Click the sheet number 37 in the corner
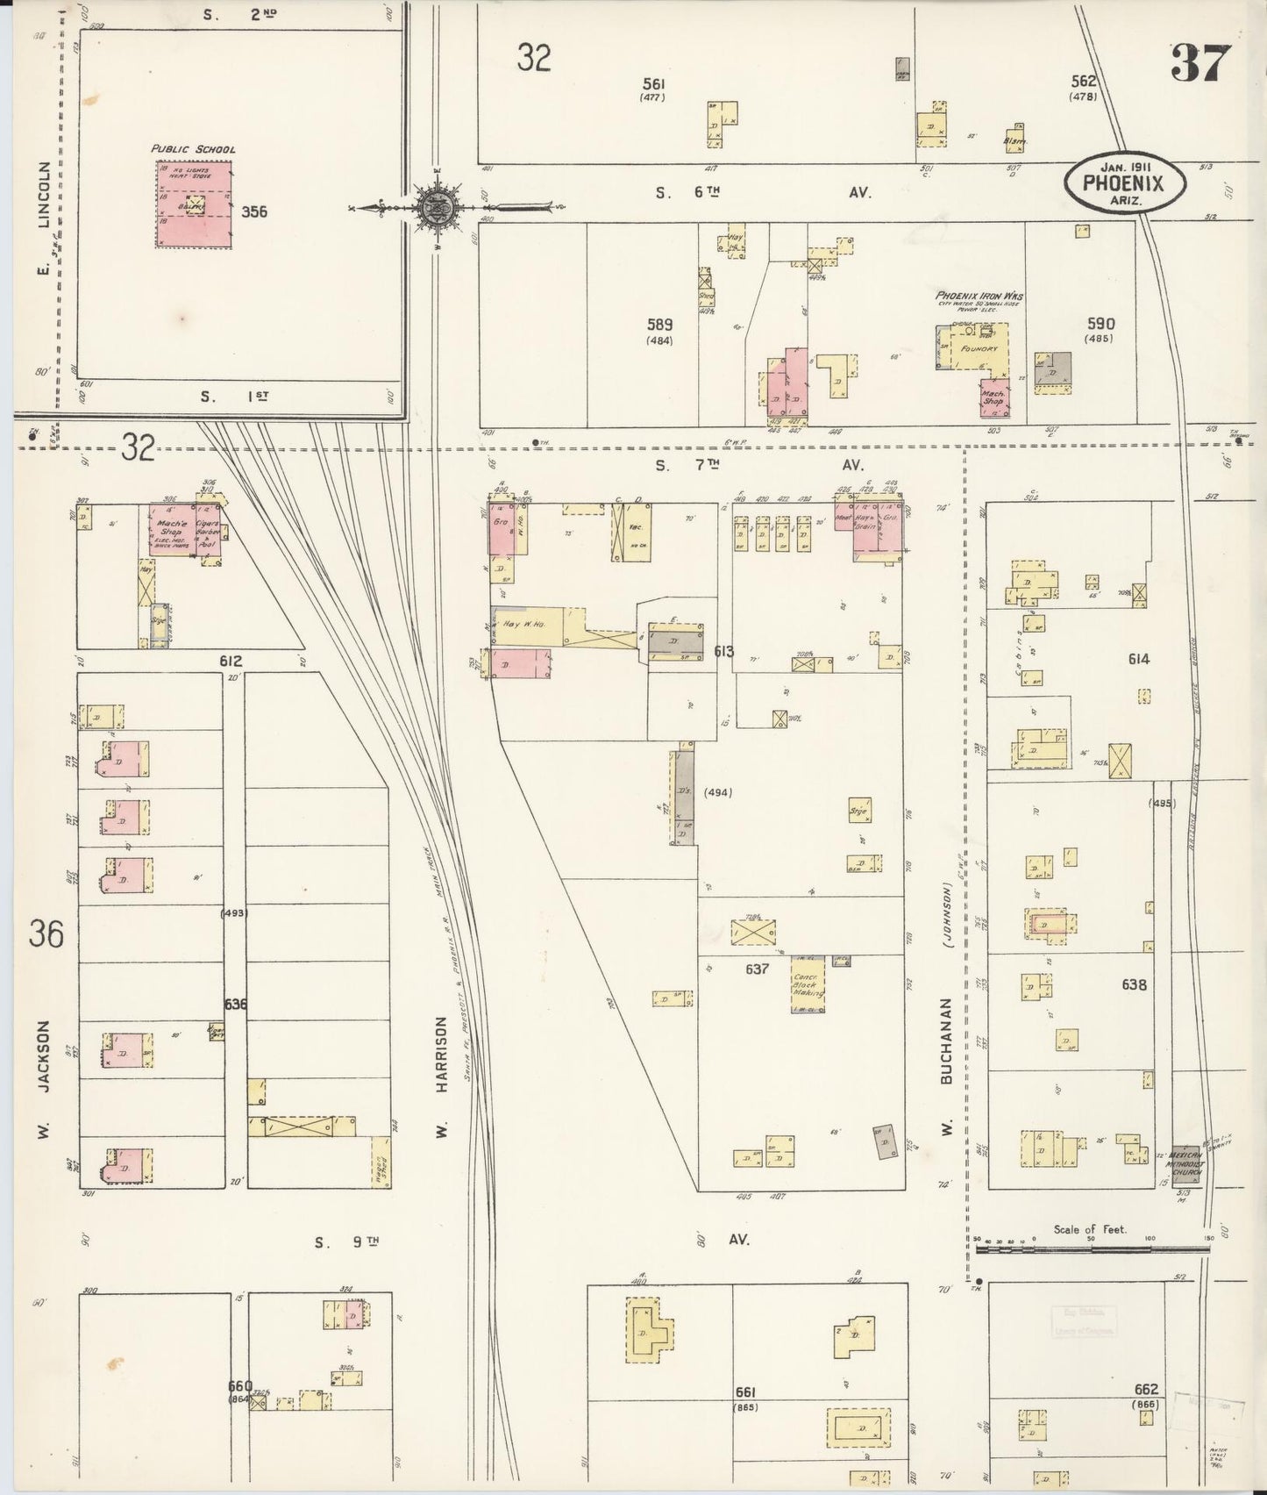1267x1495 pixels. [1201, 62]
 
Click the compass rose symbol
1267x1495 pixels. [434, 208]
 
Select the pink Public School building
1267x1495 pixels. [195, 204]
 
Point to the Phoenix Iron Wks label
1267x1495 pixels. [979, 296]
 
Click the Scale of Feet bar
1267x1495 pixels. [1091, 1245]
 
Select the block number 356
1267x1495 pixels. [254, 211]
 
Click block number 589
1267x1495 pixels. [659, 324]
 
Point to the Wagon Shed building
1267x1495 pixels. [381, 1162]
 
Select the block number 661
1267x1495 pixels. [745, 1391]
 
